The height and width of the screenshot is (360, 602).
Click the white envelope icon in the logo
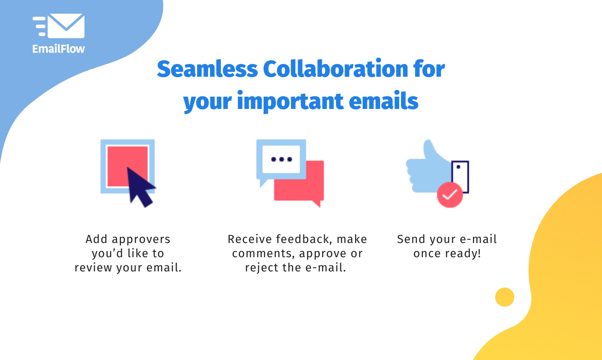66,26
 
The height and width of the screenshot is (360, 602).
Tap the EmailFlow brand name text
58,48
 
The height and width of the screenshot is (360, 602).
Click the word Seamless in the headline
207,70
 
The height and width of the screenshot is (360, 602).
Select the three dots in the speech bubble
281,159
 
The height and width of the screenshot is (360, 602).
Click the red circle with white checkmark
449,194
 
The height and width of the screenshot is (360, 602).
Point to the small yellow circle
504,297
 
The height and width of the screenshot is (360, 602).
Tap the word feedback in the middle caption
302,239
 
